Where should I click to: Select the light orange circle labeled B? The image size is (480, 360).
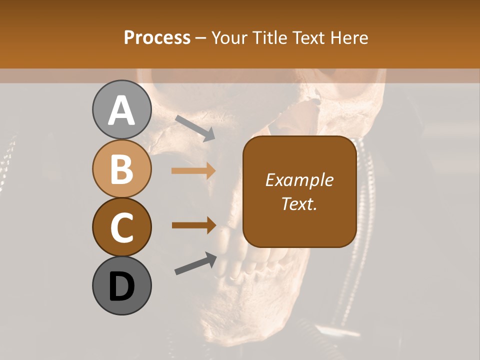121,168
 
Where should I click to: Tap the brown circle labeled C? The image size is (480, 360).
121,227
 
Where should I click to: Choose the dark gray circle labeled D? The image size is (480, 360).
121,285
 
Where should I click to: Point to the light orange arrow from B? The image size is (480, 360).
193,171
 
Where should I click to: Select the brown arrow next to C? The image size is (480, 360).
193,225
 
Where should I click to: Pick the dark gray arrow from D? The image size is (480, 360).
195,263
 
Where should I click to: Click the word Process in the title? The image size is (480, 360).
157,37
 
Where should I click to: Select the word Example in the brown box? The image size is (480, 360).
299,180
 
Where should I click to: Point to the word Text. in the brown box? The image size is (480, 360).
299,203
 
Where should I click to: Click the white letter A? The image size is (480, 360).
121,110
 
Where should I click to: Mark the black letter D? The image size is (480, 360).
121,286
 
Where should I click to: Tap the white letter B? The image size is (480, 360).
121,169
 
